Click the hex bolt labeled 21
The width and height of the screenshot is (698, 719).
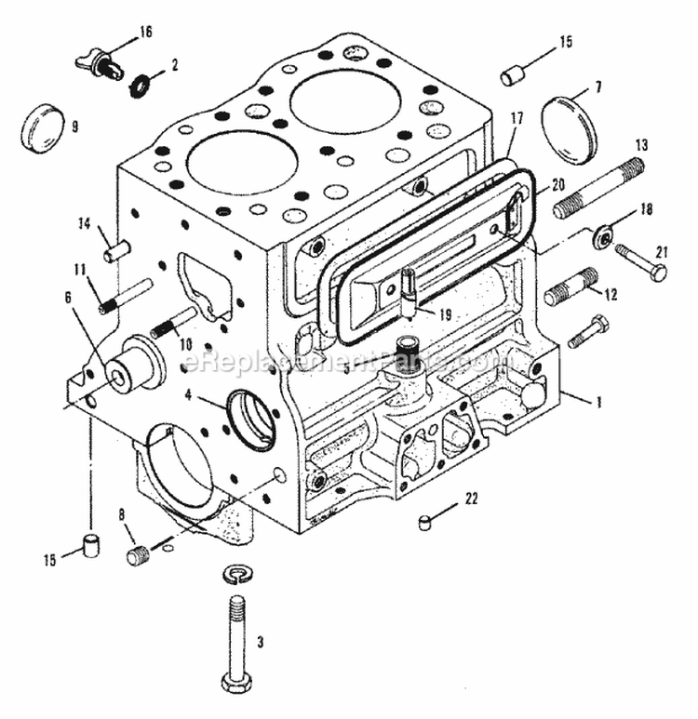(x=644, y=261)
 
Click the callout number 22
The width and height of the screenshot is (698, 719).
(x=471, y=499)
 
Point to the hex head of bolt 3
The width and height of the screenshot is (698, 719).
(x=239, y=676)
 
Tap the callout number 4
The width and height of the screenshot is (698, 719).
(x=188, y=393)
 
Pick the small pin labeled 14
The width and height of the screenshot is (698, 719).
(x=115, y=250)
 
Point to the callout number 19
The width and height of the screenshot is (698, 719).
(x=446, y=315)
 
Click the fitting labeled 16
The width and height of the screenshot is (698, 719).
(x=100, y=63)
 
